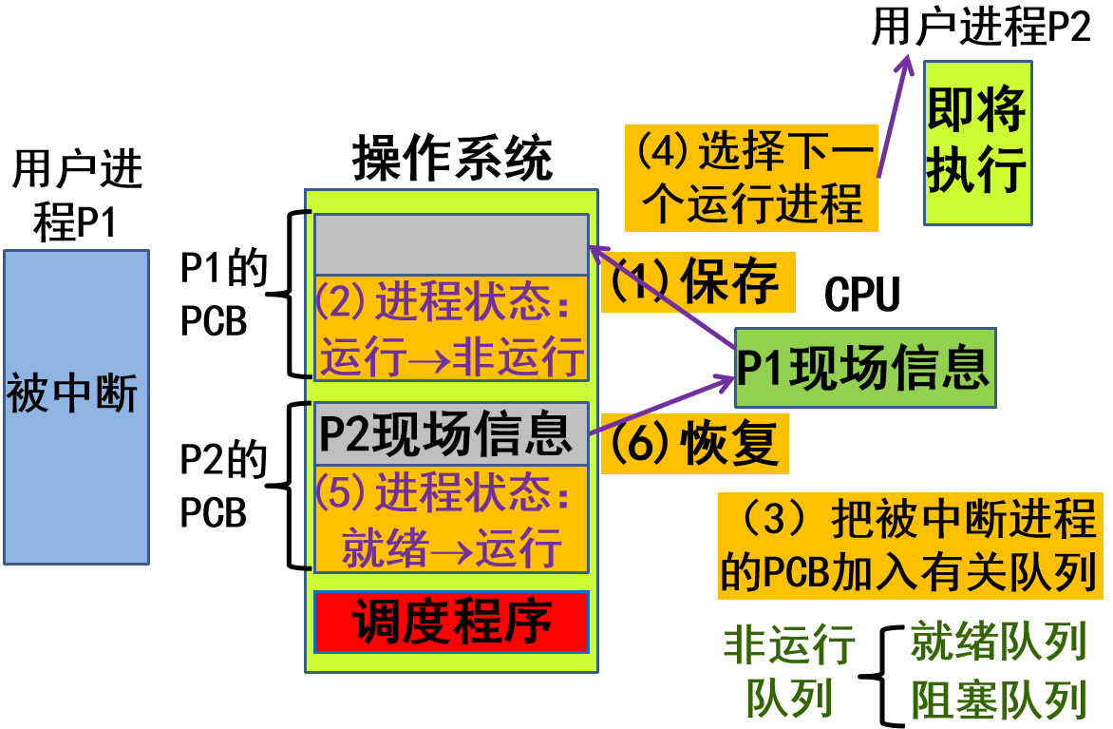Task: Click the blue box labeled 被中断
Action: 76,407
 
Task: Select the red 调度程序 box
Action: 451,623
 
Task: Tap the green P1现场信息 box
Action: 865,369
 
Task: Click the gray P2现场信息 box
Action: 451,433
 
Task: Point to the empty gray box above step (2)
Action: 451,244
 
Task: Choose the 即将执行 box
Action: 977,143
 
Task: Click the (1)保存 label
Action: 698,281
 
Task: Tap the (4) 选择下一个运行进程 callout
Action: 750,178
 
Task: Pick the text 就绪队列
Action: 998,643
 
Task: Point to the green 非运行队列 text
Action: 789,671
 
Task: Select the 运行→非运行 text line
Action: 451,358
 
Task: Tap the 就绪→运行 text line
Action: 451,548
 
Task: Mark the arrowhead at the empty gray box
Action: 597,250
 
